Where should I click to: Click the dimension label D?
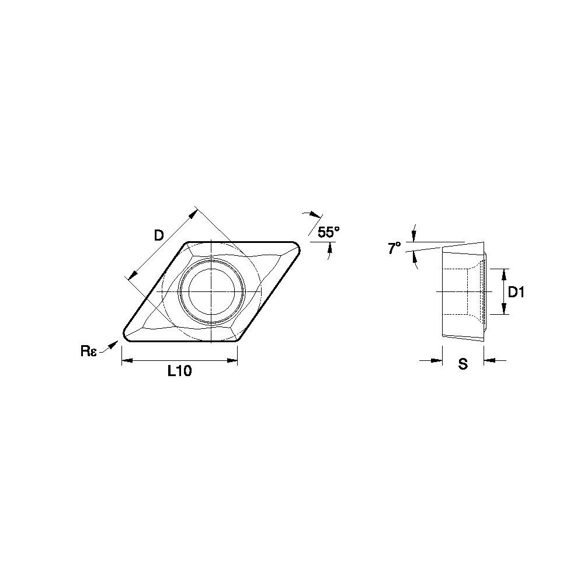click(x=159, y=235)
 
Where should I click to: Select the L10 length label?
click(x=179, y=371)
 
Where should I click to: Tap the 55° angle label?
click(x=329, y=232)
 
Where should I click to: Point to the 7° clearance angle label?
click(x=395, y=248)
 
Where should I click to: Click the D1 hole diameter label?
click(x=516, y=293)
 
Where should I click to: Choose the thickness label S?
click(x=463, y=364)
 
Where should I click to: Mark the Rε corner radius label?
click(x=89, y=351)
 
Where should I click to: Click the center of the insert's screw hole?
click(x=211, y=291)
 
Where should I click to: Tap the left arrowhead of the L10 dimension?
click(x=127, y=360)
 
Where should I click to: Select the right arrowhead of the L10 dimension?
click(x=232, y=360)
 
